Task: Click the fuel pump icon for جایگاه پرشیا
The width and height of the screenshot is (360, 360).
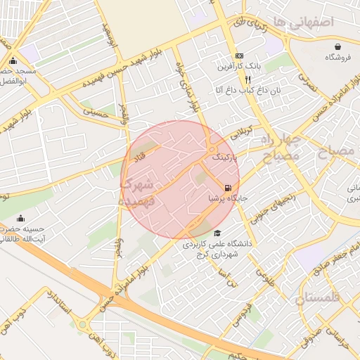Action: pyautogui.click(x=227, y=188)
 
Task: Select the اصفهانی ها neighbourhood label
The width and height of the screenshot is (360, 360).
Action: pyautogui.click(x=301, y=22)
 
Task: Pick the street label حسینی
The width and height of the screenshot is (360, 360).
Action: pyautogui.click(x=94, y=110)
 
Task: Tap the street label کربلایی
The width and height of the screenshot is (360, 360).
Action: pyautogui.click(x=245, y=131)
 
